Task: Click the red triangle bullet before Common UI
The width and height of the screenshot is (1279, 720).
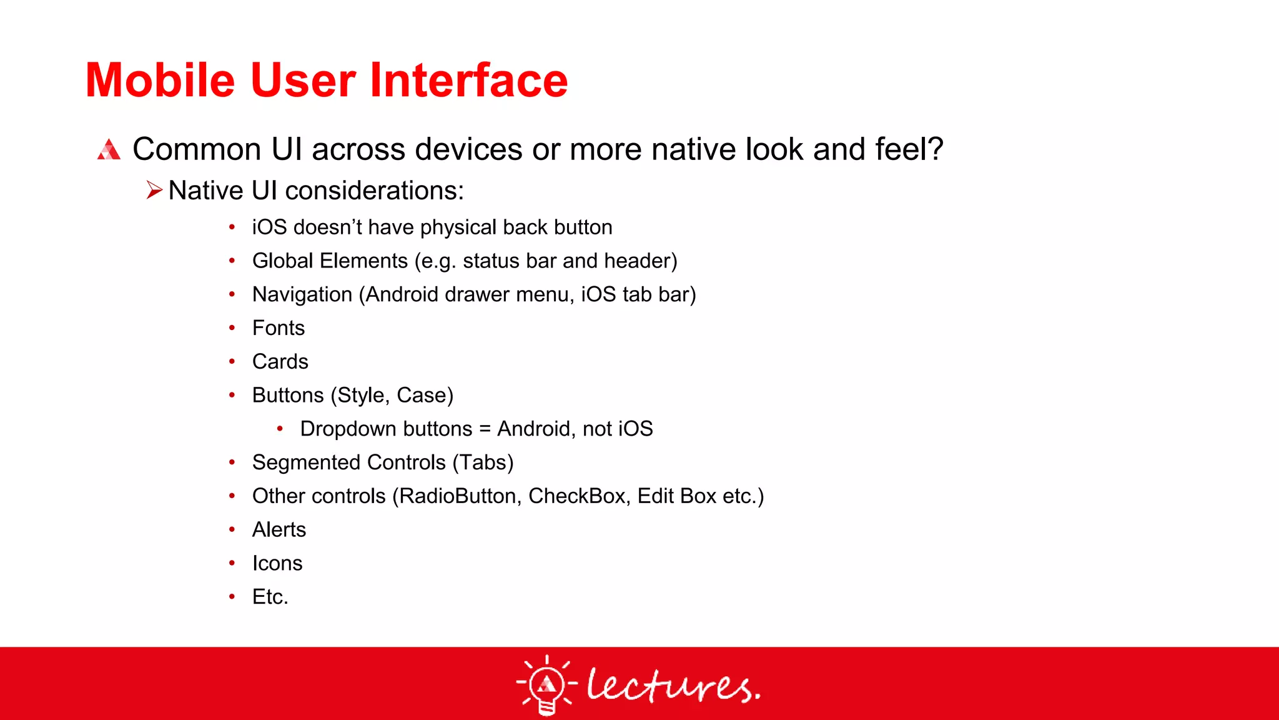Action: [x=109, y=150]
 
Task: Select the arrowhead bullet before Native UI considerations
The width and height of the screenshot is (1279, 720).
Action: [x=154, y=190]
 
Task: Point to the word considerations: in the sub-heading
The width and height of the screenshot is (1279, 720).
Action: [x=374, y=191]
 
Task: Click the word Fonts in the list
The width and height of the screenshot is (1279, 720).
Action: [x=278, y=328]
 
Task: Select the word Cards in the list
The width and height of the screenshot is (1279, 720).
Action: [x=280, y=362]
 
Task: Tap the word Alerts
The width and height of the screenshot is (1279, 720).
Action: [x=279, y=530]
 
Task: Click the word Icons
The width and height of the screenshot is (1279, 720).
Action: [x=277, y=564]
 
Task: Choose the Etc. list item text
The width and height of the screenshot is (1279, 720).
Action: [x=270, y=597]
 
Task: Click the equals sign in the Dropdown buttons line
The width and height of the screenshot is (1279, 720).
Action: [x=485, y=429]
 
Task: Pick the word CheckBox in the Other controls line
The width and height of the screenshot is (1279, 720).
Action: [x=576, y=496]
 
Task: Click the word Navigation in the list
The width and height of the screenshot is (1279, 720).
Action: [x=302, y=294]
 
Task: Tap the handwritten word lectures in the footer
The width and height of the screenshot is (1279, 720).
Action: [x=673, y=686]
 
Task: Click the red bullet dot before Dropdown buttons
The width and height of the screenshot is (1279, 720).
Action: [x=280, y=429]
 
